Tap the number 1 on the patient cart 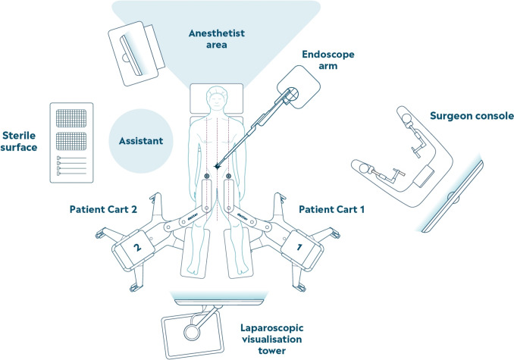[298, 246]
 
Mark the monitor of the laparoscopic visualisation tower [193, 331]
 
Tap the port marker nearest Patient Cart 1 [229, 179]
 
